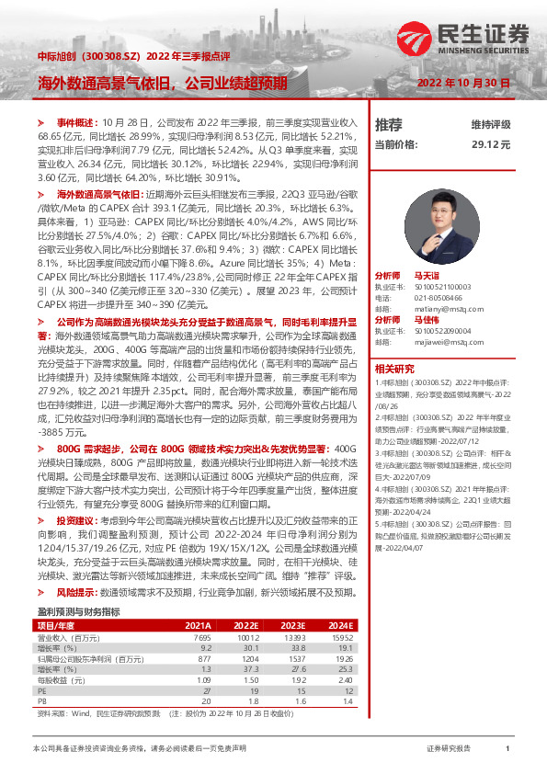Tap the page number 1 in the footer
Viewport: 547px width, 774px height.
pos(507,749)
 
